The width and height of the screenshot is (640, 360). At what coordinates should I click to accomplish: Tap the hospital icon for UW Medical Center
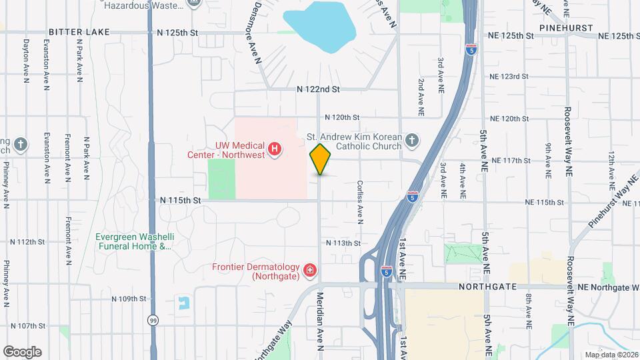[273, 148]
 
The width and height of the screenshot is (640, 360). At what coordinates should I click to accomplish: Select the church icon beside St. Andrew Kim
[412, 140]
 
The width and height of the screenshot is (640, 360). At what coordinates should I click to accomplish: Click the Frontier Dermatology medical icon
[309, 270]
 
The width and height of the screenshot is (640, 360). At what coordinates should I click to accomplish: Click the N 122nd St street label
[319, 89]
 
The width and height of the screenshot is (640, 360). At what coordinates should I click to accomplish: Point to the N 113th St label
[343, 243]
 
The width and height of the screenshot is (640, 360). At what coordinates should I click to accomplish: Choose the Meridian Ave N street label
[319, 321]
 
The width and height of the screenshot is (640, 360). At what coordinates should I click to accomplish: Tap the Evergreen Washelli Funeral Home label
[133, 241]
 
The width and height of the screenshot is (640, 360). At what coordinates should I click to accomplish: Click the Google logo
[22, 351]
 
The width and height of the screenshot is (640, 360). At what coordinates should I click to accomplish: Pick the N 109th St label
[129, 299]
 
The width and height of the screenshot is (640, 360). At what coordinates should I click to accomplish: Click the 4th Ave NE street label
[462, 180]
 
